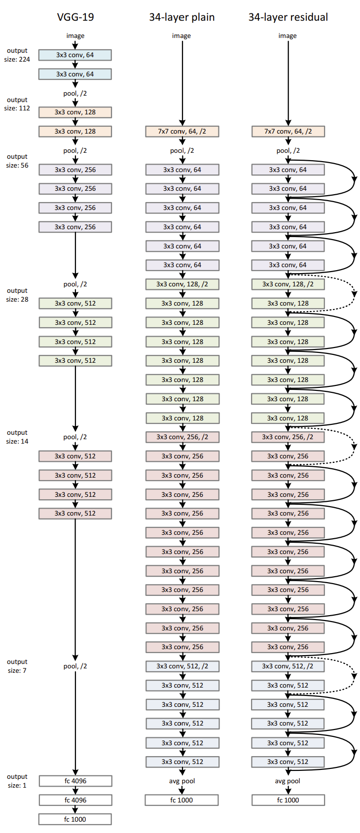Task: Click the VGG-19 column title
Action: [75, 17]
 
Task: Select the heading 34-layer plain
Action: [182, 17]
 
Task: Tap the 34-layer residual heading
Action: [288, 17]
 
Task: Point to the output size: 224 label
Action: [17, 55]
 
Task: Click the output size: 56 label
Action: [17, 161]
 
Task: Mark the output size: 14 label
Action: [17, 437]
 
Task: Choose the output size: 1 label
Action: [17, 781]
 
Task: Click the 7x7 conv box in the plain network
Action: [182, 132]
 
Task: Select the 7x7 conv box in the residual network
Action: [288, 132]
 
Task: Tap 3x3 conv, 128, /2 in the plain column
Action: [182, 284]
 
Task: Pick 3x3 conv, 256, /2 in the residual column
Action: [288, 437]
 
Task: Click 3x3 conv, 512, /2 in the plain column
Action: [182, 666]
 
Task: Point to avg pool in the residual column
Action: [288, 781]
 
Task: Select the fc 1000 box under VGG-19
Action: [75, 819]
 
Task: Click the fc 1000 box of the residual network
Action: [288, 800]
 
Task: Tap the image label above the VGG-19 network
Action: [75, 35]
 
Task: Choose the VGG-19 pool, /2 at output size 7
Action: [75, 666]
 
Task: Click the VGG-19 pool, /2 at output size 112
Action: [75, 93]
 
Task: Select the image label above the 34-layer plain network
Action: [181, 35]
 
